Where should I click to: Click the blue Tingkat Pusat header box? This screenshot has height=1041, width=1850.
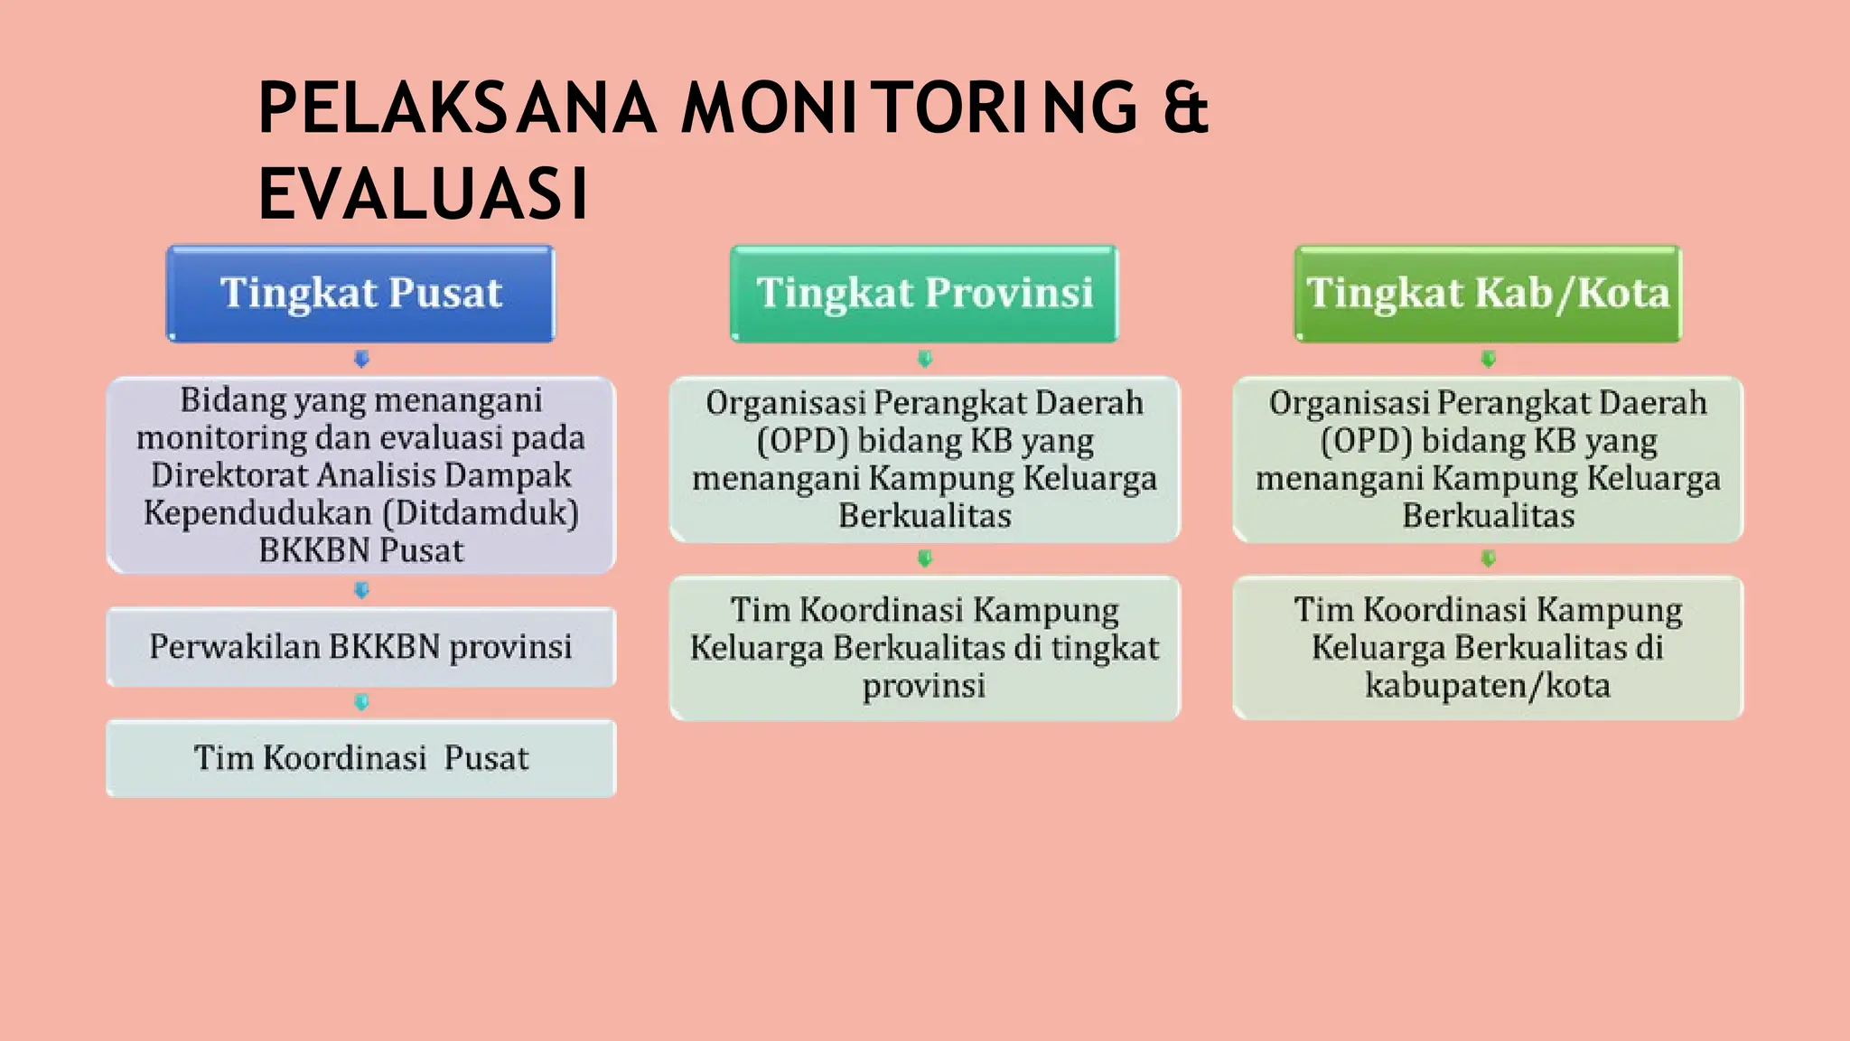tap(360, 294)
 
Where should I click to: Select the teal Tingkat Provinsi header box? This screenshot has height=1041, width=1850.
tap(924, 294)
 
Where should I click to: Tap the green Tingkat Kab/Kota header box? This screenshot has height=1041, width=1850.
tap(1488, 294)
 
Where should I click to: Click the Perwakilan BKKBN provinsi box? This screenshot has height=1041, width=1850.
tap(360, 647)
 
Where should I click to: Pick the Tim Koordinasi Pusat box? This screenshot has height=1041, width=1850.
tap(360, 758)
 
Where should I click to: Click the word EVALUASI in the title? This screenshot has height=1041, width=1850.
tap(423, 193)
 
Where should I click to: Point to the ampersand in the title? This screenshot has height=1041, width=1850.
tap(1185, 108)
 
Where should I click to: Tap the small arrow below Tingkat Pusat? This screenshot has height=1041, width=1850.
tap(361, 359)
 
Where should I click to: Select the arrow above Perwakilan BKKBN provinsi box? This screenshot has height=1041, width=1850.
tap(361, 590)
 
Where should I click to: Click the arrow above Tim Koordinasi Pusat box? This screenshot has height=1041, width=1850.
tap(361, 702)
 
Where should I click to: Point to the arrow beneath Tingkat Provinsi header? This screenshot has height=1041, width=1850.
tap(924, 359)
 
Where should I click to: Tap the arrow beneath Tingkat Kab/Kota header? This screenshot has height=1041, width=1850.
tap(1488, 359)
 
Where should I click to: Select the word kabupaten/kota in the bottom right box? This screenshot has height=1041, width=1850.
tap(1488, 686)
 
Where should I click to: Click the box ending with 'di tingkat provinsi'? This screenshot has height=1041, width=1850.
tap(924, 647)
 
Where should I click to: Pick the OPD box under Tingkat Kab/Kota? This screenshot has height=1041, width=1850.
tap(1488, 459)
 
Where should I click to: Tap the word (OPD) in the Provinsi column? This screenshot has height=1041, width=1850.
tap(802, 441)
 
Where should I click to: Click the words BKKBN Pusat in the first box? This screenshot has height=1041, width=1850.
tap(360, 550)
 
